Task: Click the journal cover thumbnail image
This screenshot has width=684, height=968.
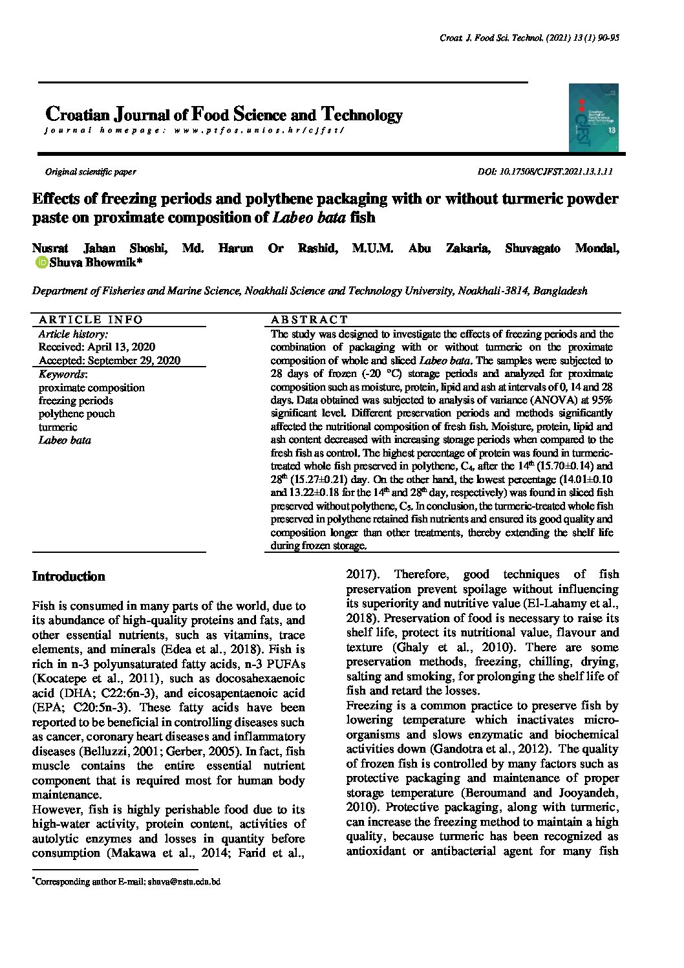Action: (x=593, y=118)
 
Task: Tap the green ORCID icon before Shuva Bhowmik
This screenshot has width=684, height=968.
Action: (x=41, y=263)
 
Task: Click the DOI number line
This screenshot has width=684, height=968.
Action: (x=544, y=172)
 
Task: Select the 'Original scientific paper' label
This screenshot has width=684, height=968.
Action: (x=91, y=172)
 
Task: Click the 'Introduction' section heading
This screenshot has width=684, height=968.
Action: (x=69, y=576)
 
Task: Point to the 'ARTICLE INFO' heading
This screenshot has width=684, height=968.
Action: (x=91, y=319)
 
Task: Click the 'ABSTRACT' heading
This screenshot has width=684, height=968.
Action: (x=309, y=319)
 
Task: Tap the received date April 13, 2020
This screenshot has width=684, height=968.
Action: (x=97, y=347)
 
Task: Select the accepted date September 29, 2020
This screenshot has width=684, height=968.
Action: (x=109, y=361)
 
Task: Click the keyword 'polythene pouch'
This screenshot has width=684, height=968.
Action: (x=76, y=414)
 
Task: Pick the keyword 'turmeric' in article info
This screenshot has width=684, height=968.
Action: (x=58, y=427)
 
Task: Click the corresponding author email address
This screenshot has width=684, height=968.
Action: (x=184, y=881)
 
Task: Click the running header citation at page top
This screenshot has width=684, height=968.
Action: (x=529, y=38)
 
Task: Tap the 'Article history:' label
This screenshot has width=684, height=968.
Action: (x=73, y=334)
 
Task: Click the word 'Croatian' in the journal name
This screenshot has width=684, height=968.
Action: (x=78, y=115)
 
